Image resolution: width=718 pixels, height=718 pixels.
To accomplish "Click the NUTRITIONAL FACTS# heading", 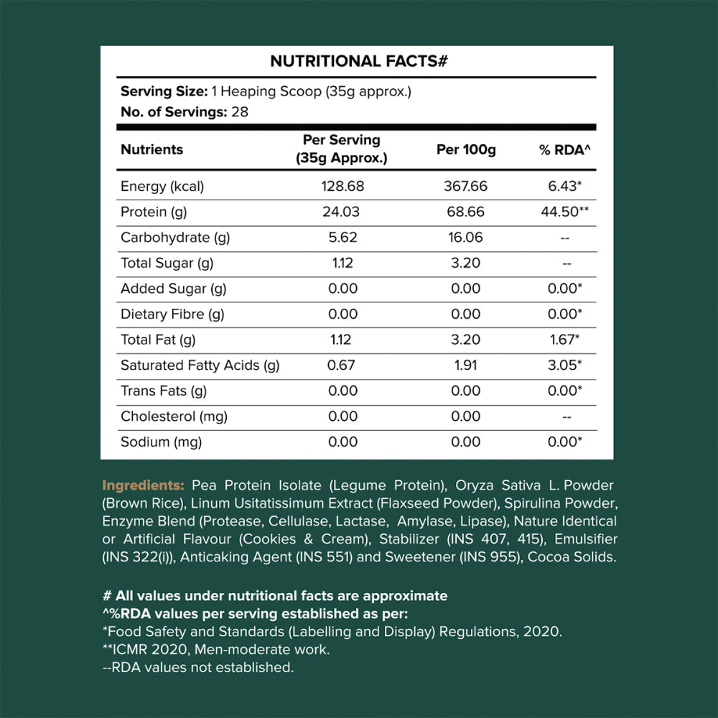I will tap(359, 62).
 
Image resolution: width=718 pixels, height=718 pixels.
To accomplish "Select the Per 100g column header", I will tap(466, 150).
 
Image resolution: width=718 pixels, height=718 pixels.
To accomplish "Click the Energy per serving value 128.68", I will tap(342, 187).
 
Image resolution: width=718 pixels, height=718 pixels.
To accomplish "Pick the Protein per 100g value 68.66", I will tap(466, 213).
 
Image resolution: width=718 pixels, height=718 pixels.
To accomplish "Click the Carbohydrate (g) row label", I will tap(175, 238).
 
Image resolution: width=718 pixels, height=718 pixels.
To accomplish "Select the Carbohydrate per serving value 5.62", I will tap(342, 238).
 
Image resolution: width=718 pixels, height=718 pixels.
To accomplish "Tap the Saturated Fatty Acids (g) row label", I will tap(200, 365).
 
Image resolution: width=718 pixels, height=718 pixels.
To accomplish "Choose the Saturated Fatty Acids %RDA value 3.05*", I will tap(565, 365).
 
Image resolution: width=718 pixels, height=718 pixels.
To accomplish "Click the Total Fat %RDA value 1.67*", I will tap(565, 340).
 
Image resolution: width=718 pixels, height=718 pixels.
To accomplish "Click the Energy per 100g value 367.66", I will tap(466, 187).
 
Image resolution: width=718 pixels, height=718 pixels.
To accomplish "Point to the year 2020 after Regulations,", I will tap(544, 632).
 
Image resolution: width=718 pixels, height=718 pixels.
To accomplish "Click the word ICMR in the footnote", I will tap(131, 650).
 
